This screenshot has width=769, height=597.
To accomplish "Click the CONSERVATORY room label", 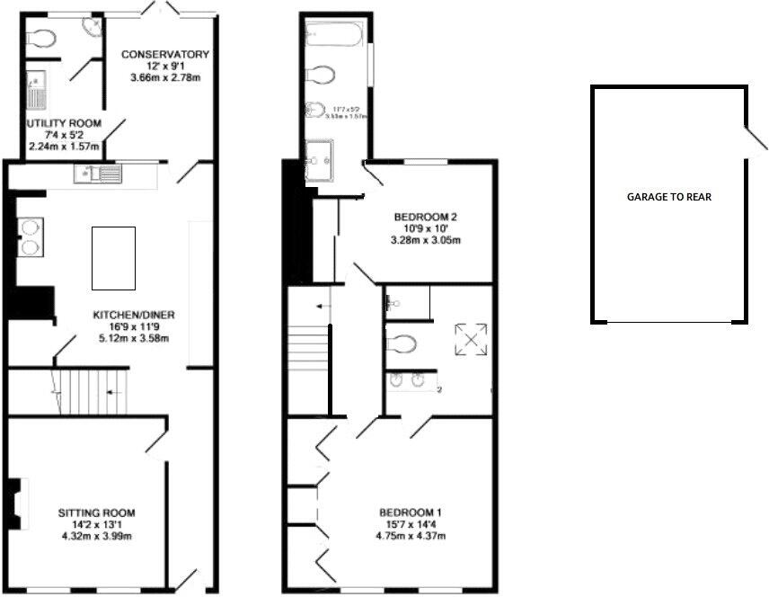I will pyautogui.click(x=164, y=55).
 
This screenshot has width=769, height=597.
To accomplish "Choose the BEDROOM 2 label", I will pyautogui.click(x=427, y=217).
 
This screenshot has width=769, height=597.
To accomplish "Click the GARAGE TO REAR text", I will pyautogui.click(x=668, y=197).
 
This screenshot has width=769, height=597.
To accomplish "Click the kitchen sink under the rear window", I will pyautogui.click(x=98, y=174).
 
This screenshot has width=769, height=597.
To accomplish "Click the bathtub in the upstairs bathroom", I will pyautogui.click(x=333, y=35).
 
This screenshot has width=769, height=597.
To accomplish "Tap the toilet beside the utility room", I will pyautogui.click(x=41, y=38).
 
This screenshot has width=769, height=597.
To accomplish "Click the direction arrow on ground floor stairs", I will pyautogui.click(x=110, y=392).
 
